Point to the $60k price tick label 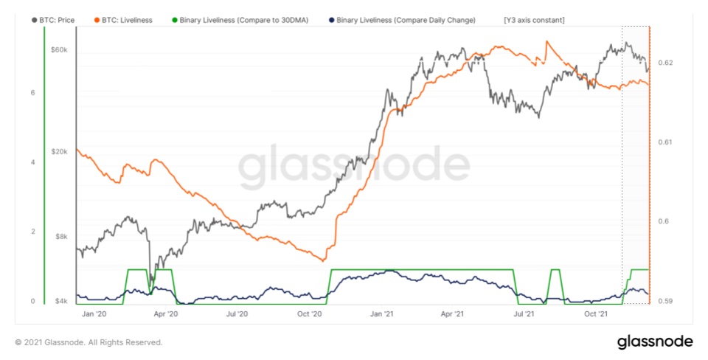58,50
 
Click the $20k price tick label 58,151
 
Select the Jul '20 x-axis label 237,314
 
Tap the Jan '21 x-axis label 381,314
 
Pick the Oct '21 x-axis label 597,314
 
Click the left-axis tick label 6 32,92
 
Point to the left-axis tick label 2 32,232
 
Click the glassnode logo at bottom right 654,342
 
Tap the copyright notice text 88,342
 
